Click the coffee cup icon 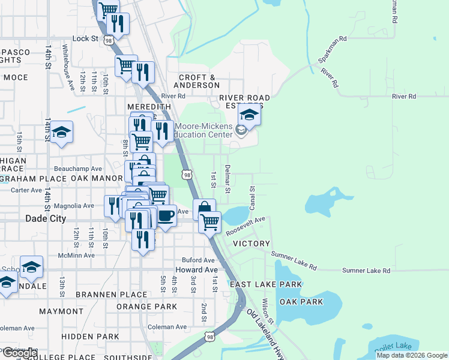click(166, 214)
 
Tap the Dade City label click(46, 219)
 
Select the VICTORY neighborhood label click(252, 244)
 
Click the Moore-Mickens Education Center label click(203, 131)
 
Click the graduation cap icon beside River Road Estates click(249, 114)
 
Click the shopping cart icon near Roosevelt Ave click(209, 221)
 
